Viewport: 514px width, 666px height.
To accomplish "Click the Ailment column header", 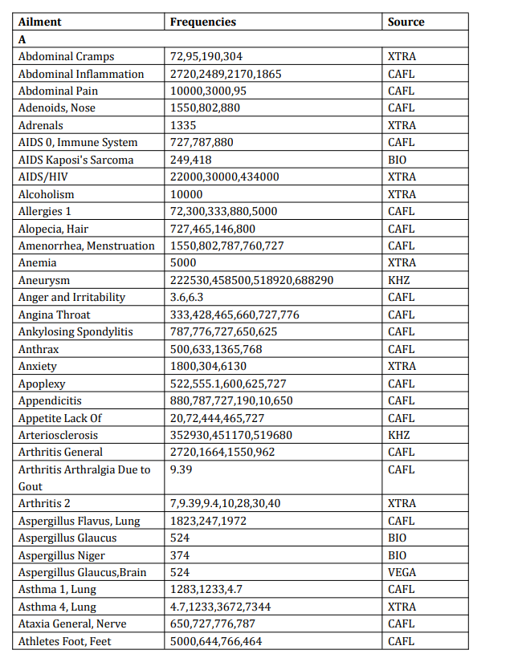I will click(39, 22).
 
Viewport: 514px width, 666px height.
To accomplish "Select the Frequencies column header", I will click(203, 22).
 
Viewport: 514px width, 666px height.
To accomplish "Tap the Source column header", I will click(406, 22).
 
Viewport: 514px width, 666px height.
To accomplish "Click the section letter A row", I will click(22, 39).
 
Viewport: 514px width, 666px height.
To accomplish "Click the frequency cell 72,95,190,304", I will click(206, 56).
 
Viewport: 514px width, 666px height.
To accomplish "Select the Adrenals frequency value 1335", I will click(183, 125).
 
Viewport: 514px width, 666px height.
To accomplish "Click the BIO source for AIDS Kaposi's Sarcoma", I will click(398, 160).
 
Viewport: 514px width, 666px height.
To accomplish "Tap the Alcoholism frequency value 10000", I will click(186, 194).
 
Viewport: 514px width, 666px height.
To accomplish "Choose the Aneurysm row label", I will click(44, 280).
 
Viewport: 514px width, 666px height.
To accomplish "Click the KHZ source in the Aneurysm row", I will click(399, 280).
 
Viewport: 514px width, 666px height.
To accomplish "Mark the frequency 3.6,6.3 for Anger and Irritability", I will click(189, 297).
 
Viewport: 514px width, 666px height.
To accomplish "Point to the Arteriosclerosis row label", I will click(59, 435).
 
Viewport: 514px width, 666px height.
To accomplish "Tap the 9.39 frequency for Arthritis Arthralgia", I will click(181, 469).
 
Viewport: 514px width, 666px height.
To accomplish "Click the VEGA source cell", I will click(402, 572).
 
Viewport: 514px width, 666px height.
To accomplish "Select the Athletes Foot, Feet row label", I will click(71, 641).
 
